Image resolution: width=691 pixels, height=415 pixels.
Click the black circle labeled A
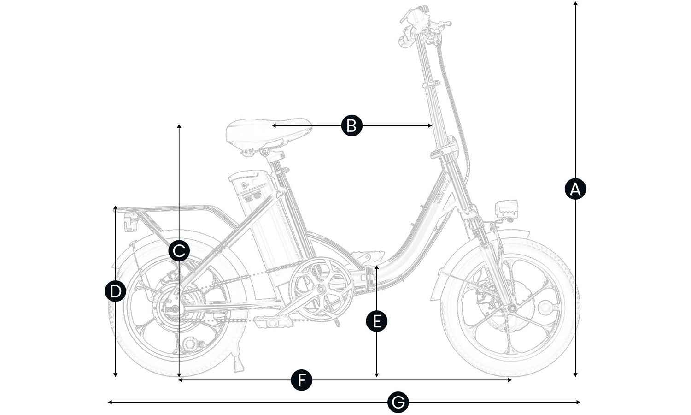[x=575, y=189]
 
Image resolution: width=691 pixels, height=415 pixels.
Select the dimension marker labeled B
[x=351, y=125]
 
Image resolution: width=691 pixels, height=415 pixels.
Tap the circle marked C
[x=179, y=251]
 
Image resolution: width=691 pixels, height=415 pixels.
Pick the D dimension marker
[x=115, y=291]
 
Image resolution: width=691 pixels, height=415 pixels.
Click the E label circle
[x=377, y=321]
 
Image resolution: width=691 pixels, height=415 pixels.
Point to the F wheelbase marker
[x=302, y=380]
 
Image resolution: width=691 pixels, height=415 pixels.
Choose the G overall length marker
[x=398, y=403]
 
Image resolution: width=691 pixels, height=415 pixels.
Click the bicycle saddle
[x=267, y=131]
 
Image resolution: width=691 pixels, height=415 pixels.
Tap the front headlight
[x=507, y=210]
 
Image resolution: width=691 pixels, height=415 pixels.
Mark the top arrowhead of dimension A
[x=575, y=4]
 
